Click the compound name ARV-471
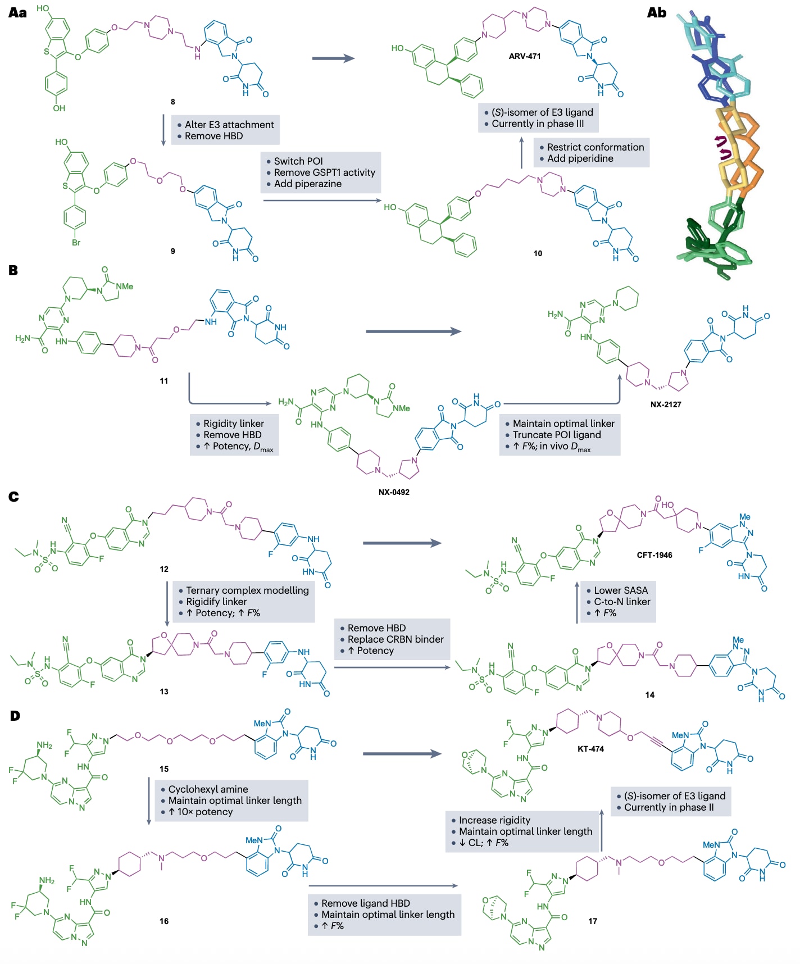coord(524,56)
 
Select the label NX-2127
coord(666,404)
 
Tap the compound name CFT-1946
coord(654,555)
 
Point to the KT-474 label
coord(590,748)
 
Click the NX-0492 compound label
coord(393,492)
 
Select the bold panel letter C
coord(14,497)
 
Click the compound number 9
coord(172,251)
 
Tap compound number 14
coord(649,695)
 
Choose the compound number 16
coord(163,921)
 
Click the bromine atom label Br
coord(76,243)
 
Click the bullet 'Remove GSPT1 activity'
coord(324,172)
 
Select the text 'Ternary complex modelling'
coord(247,590)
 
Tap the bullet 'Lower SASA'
coord(620,590)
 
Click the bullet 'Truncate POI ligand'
coord(556,435)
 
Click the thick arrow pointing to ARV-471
coord(333,58)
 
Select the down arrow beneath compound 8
coord(163,130)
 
